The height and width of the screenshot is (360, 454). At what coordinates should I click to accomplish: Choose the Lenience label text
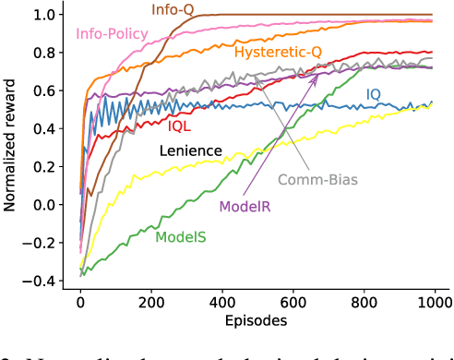(191, 150)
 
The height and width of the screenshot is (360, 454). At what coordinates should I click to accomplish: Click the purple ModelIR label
(245, 207)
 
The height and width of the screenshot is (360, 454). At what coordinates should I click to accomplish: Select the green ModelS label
(181, 237)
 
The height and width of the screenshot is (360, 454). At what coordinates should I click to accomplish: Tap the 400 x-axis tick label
(221, 303)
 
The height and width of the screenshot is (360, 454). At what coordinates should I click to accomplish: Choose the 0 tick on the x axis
(80, 303)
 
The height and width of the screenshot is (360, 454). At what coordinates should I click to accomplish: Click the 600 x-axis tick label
(293, 303)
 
